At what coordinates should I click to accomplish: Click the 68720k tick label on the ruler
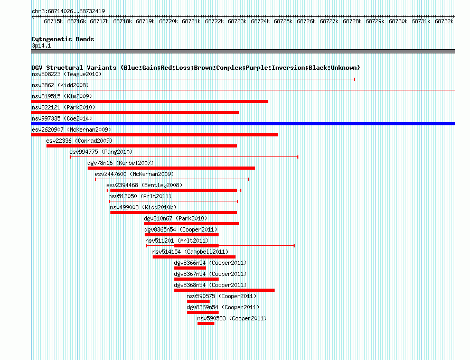point(168,21)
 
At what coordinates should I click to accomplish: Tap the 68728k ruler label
point(352,21)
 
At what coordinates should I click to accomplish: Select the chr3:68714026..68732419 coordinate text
point(68,12)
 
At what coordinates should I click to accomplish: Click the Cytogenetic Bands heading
point(63,39)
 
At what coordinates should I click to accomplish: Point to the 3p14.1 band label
point(41,45)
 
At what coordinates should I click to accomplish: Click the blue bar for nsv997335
point(243,124)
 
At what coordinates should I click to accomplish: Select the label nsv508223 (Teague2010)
point(67,74)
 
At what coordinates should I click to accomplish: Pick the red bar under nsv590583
point(206,324)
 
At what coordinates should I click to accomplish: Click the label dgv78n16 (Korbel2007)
point(120,163)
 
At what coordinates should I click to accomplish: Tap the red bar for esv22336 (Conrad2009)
point(142,146)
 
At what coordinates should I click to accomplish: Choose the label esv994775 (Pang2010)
point(101,152)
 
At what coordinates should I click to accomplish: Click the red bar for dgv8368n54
point(224,290)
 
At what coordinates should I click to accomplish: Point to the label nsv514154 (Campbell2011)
point(190,252)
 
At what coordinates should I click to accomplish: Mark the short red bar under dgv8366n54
point(190,268)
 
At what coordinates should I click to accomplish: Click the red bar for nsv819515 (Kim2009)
point(149,101)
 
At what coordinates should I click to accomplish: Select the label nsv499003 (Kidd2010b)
point(143,207)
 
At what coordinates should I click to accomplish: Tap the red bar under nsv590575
point(198,301)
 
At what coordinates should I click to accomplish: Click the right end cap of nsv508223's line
point(354,79)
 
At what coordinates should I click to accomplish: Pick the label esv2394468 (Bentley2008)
point(144,185)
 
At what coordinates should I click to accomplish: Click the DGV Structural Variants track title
point(196,68)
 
